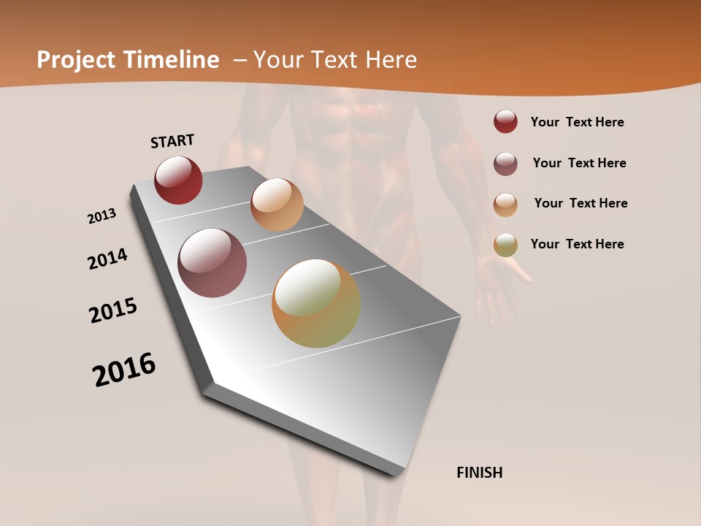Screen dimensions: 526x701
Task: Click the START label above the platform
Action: [172, 141]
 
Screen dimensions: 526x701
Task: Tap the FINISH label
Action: [480, 473]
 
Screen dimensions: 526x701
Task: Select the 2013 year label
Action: [102, 216]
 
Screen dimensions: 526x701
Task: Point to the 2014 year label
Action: [108, 259]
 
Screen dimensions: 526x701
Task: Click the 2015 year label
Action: [113, 310]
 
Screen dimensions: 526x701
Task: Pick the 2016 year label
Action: [124, 370]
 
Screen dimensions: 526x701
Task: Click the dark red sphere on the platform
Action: [178, 180]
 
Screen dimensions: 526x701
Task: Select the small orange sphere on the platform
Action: [277, 205]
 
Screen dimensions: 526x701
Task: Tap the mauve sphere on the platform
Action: [212, 263]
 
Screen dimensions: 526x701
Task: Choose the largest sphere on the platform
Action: [316, 303]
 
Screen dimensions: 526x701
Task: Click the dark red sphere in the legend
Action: [505, 121]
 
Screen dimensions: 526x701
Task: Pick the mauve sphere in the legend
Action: [505, 164]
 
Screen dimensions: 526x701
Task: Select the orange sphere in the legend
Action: [505, 204]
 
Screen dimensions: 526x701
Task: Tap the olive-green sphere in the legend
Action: [505, 245]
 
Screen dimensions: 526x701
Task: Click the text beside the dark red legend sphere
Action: [578, 123]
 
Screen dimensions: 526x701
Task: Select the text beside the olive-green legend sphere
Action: [578, 244]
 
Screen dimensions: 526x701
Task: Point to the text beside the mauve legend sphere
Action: [580, 163]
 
